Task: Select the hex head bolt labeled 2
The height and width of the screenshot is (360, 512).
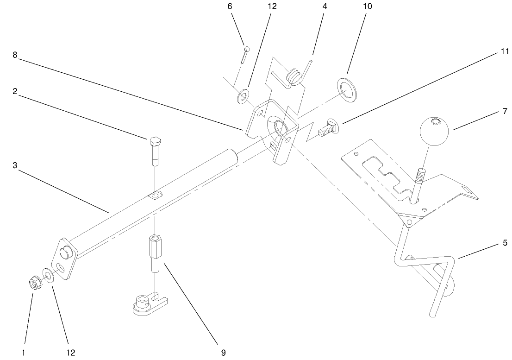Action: (155, 148)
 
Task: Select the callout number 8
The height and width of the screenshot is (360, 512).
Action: (15, 55)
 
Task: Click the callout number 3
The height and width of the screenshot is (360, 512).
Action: (15, 165)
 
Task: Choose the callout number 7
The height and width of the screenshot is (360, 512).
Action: (505, 112)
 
